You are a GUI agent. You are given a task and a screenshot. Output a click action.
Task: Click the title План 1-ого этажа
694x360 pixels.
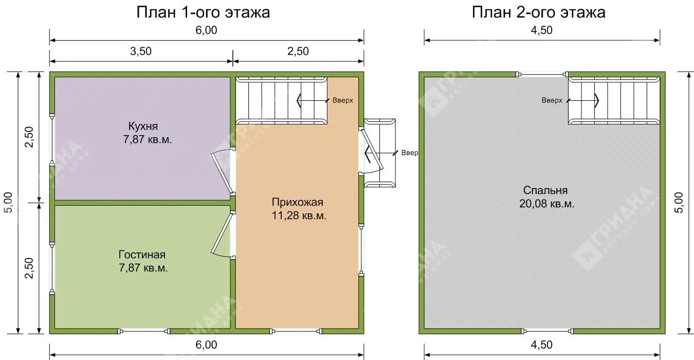tap(203, 12)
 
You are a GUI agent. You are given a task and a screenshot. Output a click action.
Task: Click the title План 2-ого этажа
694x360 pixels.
tap(538, 12)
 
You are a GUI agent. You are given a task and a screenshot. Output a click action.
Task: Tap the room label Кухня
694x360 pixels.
tap(143, 126)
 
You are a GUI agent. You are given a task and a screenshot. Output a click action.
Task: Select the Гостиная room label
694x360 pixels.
tap(142, 255)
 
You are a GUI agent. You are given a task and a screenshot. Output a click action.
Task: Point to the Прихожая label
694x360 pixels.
tap(298, 202)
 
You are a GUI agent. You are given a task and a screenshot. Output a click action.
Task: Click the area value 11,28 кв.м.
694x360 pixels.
tap(299, 215)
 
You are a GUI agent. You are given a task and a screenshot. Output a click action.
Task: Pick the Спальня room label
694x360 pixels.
tap(546, 190)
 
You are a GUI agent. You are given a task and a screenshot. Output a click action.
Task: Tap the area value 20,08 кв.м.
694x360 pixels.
tap(546, 204)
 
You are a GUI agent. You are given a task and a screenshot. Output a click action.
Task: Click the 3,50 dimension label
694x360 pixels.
tap(141, 51)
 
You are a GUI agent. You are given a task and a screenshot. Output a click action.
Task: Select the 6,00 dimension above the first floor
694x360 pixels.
tap(206, 30)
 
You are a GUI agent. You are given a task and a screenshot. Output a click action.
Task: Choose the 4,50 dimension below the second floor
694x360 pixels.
tap(541, 345)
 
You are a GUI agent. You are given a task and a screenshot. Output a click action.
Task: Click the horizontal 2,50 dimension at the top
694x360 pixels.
tap(298, 51)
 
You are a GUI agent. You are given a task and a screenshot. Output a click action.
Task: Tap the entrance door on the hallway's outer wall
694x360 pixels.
tap(371, 150)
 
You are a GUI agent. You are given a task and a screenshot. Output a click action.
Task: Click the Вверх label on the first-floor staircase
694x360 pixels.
tap(342, 100)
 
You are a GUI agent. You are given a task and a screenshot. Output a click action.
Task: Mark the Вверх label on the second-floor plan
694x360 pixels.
tap(552, 100)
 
